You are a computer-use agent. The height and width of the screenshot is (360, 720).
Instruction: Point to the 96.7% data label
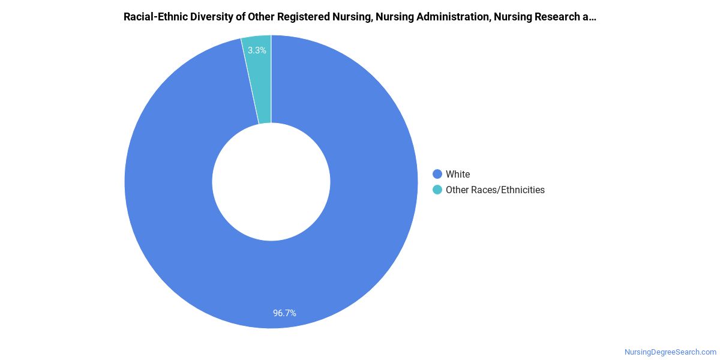click(284, 313)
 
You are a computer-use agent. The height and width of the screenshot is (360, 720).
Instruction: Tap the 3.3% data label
click(257, 50)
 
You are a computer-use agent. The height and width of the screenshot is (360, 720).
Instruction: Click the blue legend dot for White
click(437, 174)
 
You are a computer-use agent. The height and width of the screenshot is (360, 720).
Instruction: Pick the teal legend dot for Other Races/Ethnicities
click(437, 190)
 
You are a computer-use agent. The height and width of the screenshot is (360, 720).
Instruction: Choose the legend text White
click(458, 174)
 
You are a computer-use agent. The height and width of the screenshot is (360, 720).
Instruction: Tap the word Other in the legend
click(457, 190)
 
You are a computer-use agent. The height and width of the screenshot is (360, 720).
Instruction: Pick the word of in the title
click(239, 17)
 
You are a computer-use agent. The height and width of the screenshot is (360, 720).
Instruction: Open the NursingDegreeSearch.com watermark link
click(670, 352)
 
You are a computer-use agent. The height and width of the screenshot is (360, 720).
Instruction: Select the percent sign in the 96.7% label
click(292, 313)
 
